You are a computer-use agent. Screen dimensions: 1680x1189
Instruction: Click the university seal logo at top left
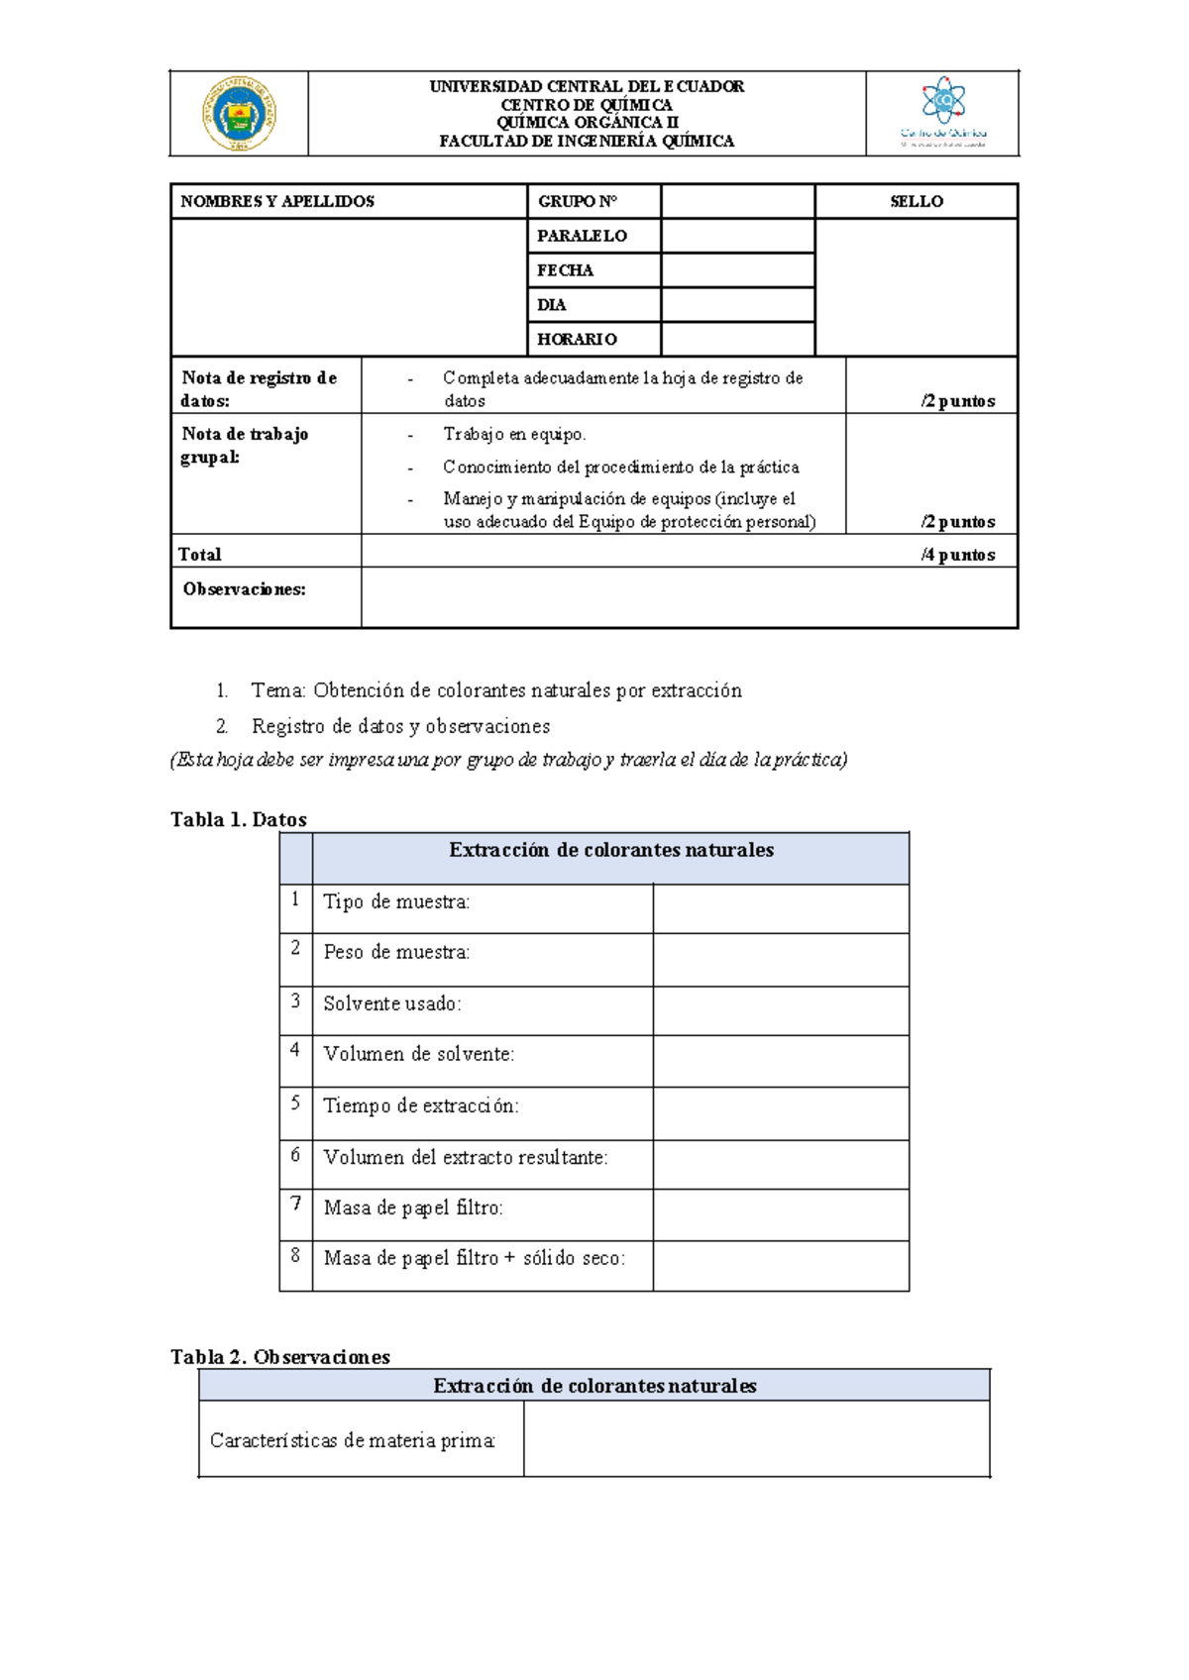tap(239, 114)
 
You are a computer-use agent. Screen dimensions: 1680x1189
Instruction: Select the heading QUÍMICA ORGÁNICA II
tap(587, 123)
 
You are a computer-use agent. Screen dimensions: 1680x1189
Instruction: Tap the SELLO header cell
tap(916, 201)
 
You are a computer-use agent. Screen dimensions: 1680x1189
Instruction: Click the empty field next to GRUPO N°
tap(737, 201)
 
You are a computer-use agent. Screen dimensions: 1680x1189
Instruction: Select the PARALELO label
tap(582, 236)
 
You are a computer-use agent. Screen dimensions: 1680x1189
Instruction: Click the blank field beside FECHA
tap(737, 270)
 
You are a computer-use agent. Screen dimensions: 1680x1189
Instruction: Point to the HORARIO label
tap(577, 339)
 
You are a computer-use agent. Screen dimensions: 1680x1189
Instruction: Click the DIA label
tap(552, 305)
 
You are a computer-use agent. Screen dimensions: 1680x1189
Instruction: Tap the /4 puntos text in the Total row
tap(957, 555)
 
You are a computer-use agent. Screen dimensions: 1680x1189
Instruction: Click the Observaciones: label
tap(244, 589)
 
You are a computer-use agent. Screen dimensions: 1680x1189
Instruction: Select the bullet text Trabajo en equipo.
tap(514, 435)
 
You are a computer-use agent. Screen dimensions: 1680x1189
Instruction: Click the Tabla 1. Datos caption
tap(239, 819)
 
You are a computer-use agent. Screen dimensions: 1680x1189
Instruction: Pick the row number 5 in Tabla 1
tap(295, 1102)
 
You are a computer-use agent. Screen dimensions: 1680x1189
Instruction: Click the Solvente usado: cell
tap(392, 1003)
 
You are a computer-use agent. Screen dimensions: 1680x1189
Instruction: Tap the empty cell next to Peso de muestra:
tap(781, 959)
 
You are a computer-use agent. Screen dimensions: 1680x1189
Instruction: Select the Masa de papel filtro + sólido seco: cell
tap(474, 1258)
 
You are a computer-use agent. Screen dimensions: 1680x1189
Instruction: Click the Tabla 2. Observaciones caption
tap(280, 1357)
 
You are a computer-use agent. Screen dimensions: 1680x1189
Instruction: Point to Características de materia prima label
tap(352, 1440)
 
